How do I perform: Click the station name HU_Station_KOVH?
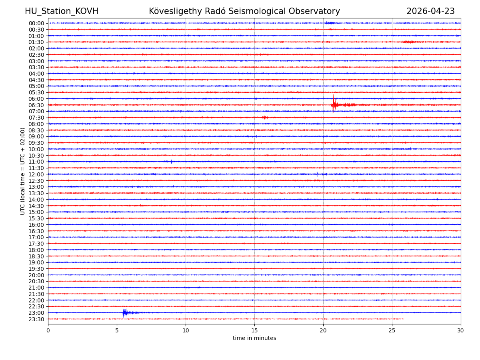point(61,12)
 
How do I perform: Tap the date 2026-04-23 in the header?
point(430,12)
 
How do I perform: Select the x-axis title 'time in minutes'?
point(254,338)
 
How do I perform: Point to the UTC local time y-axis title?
point(23,171)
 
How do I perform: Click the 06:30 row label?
point(36,105)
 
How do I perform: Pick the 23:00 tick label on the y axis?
point(36,313)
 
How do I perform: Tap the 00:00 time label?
point(36,23)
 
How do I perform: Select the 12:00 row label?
point(36,174)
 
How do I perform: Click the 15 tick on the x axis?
point(254,330)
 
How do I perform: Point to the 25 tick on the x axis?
point(392,330)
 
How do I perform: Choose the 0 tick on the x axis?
point(48,330)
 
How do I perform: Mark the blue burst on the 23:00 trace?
point(124,312)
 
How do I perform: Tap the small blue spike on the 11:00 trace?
point(171,162)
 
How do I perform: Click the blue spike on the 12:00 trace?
point(317,174)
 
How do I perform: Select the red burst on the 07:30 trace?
point(265,117)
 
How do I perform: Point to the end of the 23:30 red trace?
point(404,319)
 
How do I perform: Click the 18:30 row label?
point(36,256)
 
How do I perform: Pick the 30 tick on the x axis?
point(461,330)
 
